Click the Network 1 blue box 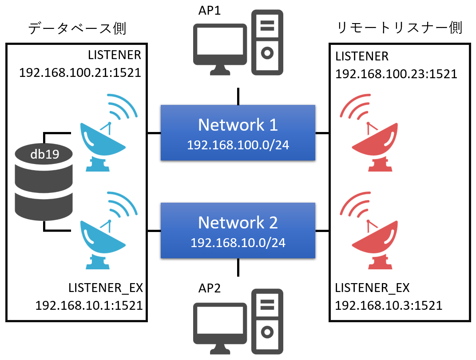(238, 132)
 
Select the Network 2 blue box (238, 230)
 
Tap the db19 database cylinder (44, 182)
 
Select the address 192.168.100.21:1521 (80, 72)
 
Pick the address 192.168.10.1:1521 (89, 305)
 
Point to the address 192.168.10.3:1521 (389, 305)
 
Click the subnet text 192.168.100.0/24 (238, 145)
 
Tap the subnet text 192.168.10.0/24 (238, 243)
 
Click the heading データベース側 (77, 28)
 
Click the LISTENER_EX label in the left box (106, 288)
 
